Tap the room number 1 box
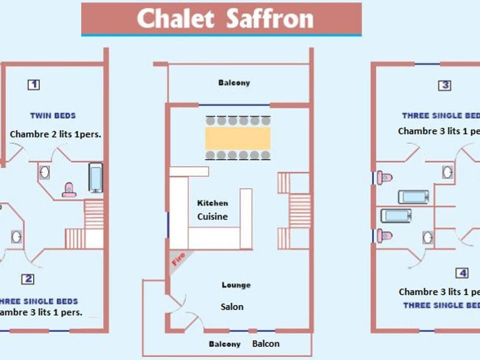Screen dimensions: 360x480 click(x=33, y=84)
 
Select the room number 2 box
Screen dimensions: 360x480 click(x=27, y=279)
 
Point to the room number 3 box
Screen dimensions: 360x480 click(x=444, y=85)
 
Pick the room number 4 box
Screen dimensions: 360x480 click(x=462, y=273)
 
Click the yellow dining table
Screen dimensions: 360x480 click(x=238, y=138)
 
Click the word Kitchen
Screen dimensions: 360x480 click(x=212, y=203)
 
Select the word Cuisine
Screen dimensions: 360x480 click(x=212, y=216)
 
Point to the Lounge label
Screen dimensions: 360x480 click(x=236, y=285)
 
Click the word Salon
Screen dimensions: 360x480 click(x=232, y=306)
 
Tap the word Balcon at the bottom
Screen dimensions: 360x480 click(x=265, y=343)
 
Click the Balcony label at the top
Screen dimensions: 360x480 click(x=234, y=82)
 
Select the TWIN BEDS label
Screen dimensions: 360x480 click(x=53, y=115)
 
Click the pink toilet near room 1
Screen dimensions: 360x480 click(x=69, y=189)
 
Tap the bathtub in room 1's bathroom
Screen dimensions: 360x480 click(x=95, y=178)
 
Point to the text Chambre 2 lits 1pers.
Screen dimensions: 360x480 click(x=56, y=134)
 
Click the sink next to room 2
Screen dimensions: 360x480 click(x=16, y=236)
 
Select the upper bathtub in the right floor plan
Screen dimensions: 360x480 click(x=413, y=196)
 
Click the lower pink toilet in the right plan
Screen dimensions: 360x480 click(x=385, y=234)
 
